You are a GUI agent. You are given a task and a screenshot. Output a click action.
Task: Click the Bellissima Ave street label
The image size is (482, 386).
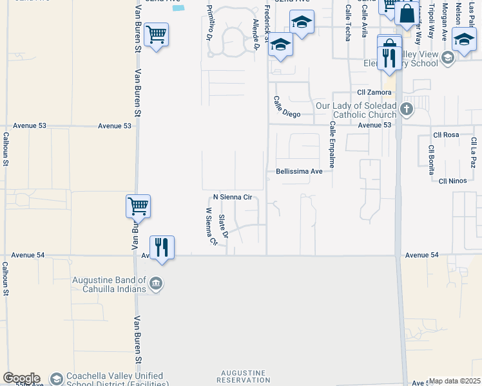[299, 172]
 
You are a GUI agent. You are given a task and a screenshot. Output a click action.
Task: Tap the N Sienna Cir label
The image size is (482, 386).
[232, 198]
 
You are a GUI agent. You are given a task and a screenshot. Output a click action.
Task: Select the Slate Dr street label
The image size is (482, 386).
[223, 226]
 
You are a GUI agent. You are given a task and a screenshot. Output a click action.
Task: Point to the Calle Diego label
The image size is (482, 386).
[287, 107]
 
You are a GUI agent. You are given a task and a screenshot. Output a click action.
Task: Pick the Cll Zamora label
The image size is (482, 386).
[374, 93]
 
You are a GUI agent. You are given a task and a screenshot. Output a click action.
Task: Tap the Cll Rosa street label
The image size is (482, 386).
[446, 135]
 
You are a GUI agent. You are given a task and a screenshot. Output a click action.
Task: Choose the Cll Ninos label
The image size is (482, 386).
[452, 181]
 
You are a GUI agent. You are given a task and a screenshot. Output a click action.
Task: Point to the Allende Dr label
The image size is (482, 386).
[256, 35]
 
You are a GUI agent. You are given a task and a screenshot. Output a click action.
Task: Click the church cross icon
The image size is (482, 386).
[406, 109]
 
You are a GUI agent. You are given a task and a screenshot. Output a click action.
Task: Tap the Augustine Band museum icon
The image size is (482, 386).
[155, 284]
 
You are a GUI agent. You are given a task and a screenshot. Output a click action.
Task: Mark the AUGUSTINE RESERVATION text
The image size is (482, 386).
[243, 376]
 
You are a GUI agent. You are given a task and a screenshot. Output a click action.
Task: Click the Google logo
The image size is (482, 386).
[21, 378]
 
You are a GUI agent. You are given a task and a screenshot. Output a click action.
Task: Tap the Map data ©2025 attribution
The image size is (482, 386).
[455, 381]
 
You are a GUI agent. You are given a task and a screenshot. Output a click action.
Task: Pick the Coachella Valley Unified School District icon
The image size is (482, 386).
[57, 378]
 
